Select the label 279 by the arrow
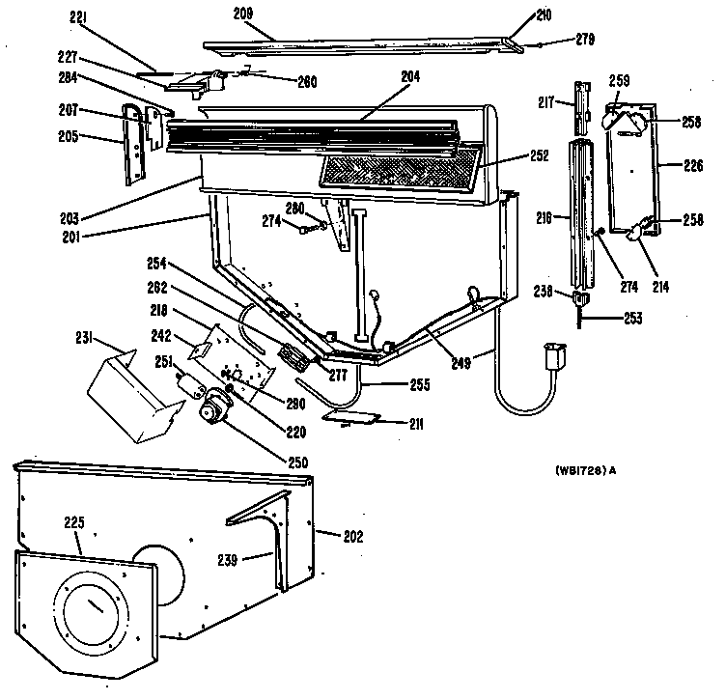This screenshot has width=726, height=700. point(583,40)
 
